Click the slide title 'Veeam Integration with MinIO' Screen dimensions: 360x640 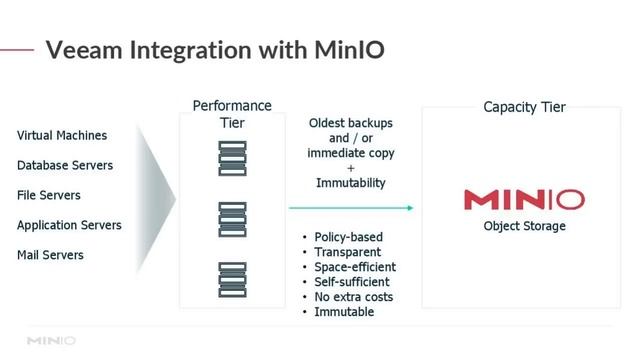click(x=215, y=49)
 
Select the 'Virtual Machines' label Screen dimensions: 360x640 click(x=62, y=135)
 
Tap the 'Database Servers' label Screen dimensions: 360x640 click(x=65, y=165)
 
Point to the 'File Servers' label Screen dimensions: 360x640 click(x=49, y=195)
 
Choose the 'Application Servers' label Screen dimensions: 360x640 click(x=69, y=225)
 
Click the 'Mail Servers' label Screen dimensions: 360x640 click(x=50, y=255)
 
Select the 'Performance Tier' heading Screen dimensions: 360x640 click(x=232, y=113)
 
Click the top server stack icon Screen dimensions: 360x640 click(x=232, y=159)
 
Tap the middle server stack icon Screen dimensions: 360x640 click(x=232, y=219)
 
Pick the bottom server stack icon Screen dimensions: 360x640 click(x=232, y=279)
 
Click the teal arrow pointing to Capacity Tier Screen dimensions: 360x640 click(x=350, y=208)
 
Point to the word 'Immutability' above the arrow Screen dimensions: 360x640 click(x=350, y=183)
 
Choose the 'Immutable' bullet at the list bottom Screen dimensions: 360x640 click(x=344, y=312)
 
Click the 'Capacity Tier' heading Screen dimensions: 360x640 click(x=524, y=107)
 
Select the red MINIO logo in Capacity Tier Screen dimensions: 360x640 click(x=524, y=199)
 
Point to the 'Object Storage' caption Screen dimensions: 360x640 click(x=524, y=226)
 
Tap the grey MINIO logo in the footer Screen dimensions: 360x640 click(x=51, y=341)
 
